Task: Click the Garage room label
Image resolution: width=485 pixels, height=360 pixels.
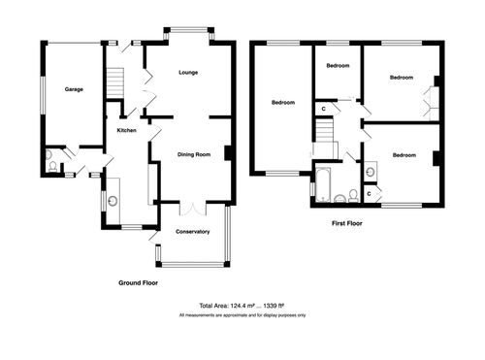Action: click(74, 89)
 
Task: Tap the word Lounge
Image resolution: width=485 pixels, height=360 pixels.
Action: click(189, 73)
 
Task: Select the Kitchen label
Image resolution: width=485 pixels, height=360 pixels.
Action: click(127, 130)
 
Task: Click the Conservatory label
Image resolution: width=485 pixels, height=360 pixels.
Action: click(193, 232)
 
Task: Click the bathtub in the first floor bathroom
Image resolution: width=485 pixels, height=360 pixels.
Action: click(323, 183)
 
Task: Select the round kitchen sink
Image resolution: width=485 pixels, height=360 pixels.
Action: click(113, 202)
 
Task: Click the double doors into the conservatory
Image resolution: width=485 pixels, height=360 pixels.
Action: click(193, 209)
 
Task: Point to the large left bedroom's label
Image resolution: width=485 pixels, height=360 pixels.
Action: click(283, 102)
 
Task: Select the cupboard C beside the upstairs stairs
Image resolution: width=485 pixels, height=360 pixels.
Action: click(322, 109)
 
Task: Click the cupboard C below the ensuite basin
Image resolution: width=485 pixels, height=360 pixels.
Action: click(372, 194)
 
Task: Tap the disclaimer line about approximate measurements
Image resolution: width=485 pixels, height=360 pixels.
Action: click(242, 315)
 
